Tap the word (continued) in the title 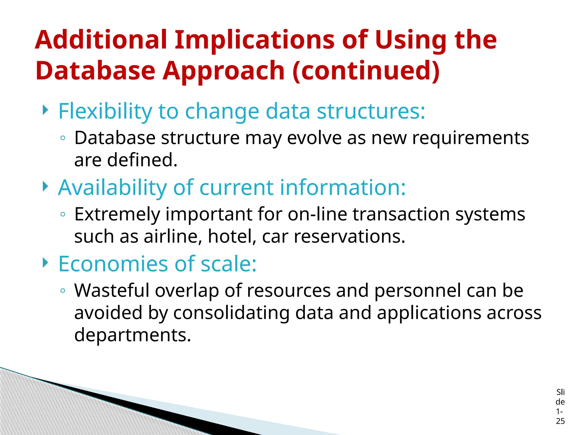tap(366, 71)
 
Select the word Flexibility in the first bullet tap(105, 111)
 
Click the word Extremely tap(117, 214)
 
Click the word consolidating tap(231, 313)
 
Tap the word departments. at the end tap(133, 335)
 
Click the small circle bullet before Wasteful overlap tap(63, 291)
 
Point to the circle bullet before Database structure tap(63, 138)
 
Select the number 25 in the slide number tap(560, 421)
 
